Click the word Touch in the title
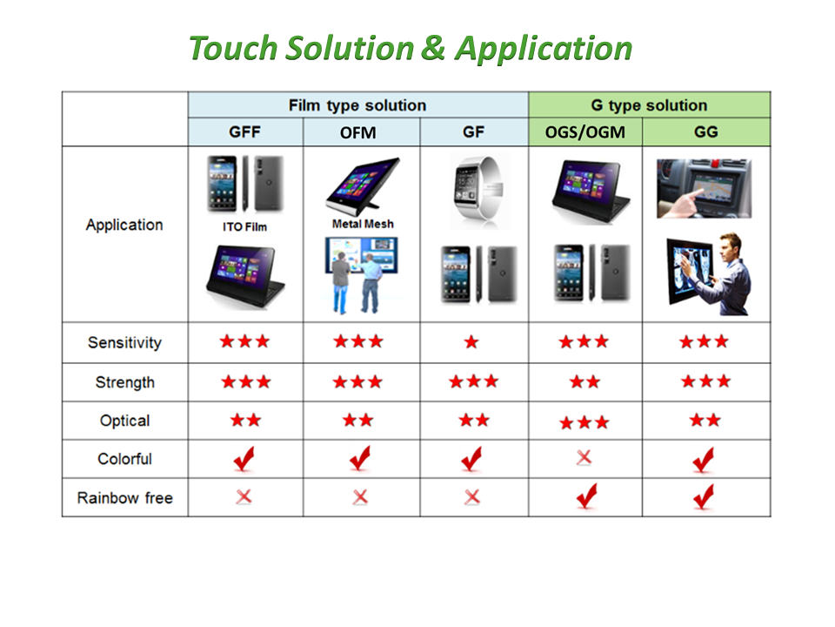tap(233, 49)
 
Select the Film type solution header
tap(357, 105)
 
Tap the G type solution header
tap(649, 105)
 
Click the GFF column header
tap(245, 131)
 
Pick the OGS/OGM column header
tap(585, 131)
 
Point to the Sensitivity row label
tap(124, 342)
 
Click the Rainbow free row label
tap(125, 498)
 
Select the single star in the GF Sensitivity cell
tap(471, 341)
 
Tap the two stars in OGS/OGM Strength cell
tap(584, 381)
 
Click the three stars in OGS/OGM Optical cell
tap(584, 423)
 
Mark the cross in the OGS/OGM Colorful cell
tap(584, 457)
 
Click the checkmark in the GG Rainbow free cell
tap(704, 497)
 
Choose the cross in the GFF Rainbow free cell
tap(244, 497)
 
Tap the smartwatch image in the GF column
tap(479, 191)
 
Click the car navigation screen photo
tap(704, 189)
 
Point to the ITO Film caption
tap(245, 226)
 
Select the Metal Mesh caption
tap(363, 224)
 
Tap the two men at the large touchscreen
tap(357, 282)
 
